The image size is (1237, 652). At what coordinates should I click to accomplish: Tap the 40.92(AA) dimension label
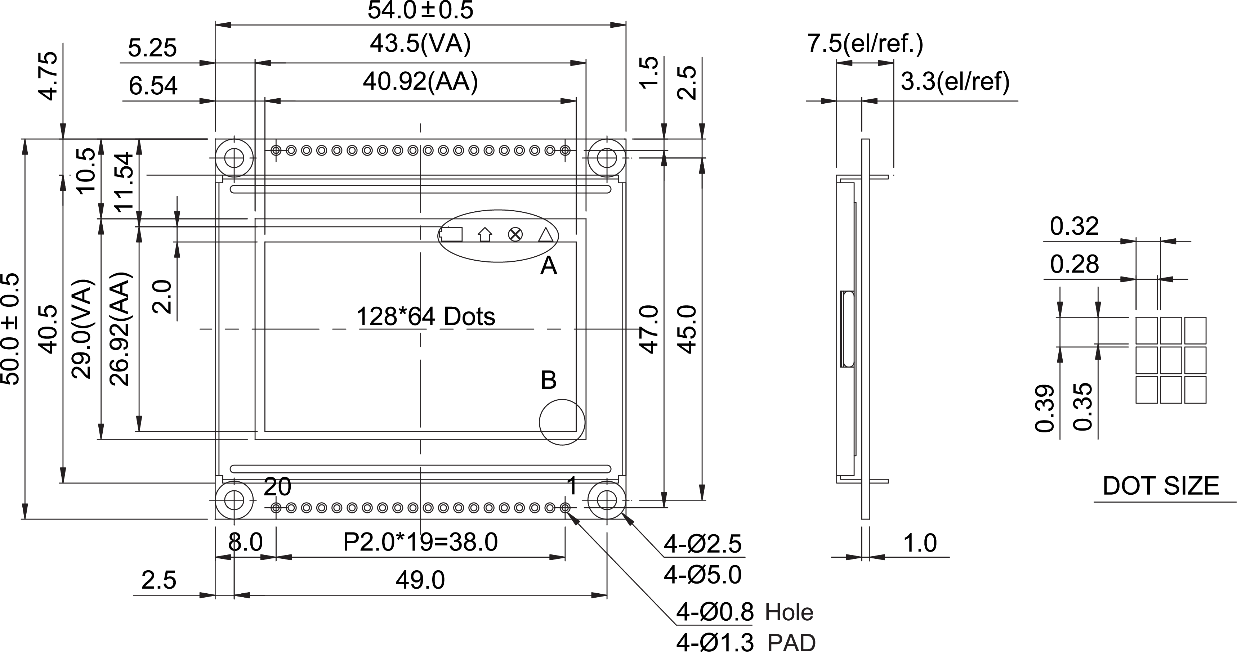420,82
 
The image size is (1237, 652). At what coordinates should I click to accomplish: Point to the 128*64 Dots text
425,317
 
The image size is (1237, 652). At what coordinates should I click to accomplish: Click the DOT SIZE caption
1161,486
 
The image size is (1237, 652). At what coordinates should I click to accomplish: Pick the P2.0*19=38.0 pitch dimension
420,542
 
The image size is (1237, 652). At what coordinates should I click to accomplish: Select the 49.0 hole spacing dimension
420,580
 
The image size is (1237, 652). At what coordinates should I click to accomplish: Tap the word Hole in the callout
789,613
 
